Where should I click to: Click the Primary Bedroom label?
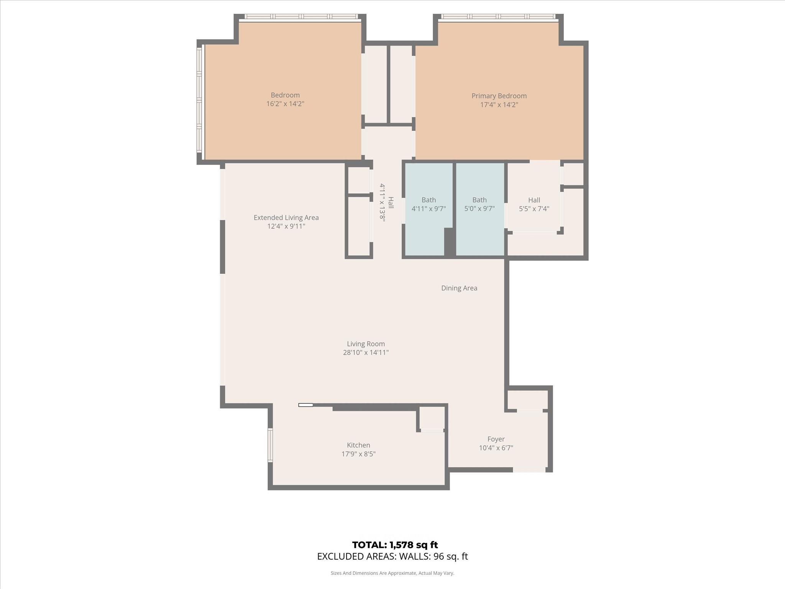[499, 96]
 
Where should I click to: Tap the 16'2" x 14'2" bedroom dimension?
[285, 104]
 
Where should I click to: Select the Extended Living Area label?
[286, 217]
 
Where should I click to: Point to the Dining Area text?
[459, 288]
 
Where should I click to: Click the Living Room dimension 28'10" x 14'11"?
[366, 352]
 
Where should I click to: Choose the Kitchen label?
[358, 445]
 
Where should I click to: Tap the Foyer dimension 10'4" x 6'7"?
[496, 448]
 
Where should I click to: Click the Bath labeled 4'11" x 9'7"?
[429, 204]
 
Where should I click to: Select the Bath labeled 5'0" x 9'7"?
[480, 204]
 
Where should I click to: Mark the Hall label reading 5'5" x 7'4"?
[534, 204]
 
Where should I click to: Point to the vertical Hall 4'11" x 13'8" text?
[386, 202]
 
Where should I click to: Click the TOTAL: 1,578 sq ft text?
[395, 545]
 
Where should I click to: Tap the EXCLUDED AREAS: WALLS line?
[392, 556]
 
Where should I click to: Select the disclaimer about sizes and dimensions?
[392, 573]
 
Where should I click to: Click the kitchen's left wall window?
[270, 445]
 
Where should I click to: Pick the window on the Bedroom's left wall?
[199, 100]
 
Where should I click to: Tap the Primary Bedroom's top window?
[498, 16]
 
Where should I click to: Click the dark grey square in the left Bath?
[450, 242]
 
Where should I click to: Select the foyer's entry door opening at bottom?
[529, 470]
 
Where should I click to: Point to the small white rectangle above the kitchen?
[305, 405]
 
